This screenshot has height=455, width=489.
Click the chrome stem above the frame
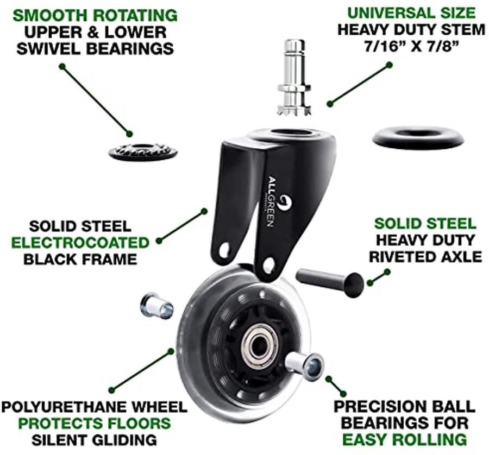(x=294, y=77)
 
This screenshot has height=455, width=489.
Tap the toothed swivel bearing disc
(x=143, y=152)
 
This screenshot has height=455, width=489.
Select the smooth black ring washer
(x=418, y=137)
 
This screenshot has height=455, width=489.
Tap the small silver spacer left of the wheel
(x=156, y=306)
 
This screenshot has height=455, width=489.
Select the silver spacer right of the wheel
(x=305, y=365)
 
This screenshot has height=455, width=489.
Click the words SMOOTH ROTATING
(x=95, y=16)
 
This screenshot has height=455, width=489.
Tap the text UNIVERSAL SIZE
(x=411, y=13)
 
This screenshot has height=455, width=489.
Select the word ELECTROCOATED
(x=80, y=243)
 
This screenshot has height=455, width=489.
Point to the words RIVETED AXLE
(x=425, y=257)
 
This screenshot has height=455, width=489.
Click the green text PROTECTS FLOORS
(x=95, y=423)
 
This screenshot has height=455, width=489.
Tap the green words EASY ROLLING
(x=404, y=439)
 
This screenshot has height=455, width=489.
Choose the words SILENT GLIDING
(x=94, y=440)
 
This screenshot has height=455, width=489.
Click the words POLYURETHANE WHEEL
(x=94, y=407)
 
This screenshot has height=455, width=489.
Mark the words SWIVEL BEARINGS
(x=95, y=49)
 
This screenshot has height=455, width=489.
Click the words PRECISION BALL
(x=404, y=406)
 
